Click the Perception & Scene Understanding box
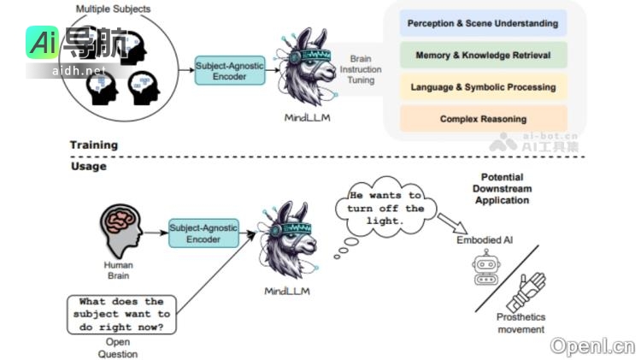(x=483, y=23)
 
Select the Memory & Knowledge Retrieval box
(x=483, y=56)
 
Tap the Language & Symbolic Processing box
(x=483, y=87)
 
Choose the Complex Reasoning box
(x=483, y=119)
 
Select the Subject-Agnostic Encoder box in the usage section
(x=203, y=233)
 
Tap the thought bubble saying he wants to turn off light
(x=387, y=208)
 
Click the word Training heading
(x=93, y=145)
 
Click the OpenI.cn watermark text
(x=592, y=345)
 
